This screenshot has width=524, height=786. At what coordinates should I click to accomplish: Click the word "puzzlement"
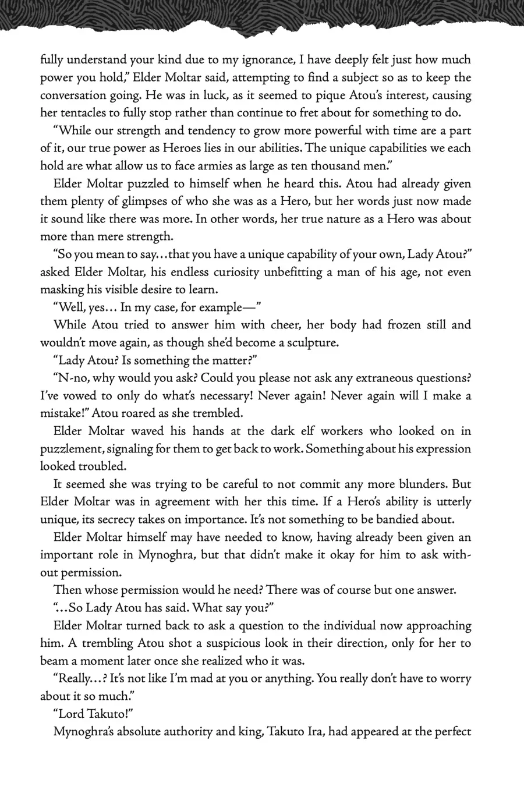point(72,449)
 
